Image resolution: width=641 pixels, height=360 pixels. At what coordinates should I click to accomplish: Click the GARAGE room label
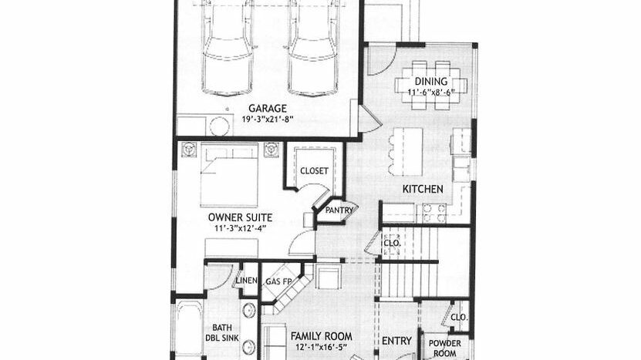[268, 108]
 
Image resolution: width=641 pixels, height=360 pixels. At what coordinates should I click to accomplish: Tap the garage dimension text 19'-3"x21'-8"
[268, 119]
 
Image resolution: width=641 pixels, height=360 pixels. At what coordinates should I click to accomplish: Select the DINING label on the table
[431, 81]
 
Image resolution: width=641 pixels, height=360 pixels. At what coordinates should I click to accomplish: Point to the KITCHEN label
[423, 189]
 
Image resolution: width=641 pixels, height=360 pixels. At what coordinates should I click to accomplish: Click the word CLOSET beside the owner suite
[314, 171]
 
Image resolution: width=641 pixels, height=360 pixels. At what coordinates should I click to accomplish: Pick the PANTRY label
[339, 210]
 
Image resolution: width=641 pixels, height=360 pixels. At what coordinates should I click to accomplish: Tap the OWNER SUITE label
[240, 217]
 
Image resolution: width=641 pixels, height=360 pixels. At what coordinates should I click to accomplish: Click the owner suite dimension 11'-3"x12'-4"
[241, 228]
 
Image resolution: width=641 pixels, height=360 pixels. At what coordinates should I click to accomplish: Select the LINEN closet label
[246, 281]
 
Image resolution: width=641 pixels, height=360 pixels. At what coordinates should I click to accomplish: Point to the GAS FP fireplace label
[278, 281]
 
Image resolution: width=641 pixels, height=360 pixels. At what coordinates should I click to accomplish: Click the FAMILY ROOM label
[322, 336]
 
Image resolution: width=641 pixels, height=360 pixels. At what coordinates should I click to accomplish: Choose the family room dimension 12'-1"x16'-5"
[322, 348]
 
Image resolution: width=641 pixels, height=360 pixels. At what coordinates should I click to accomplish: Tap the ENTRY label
[396, 341]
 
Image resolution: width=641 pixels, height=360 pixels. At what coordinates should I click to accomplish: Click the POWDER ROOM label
[445, 348]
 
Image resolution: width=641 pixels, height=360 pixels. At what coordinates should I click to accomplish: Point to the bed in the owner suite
[229, 175]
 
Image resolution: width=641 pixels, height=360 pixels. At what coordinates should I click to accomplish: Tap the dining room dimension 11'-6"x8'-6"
[431, 92]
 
